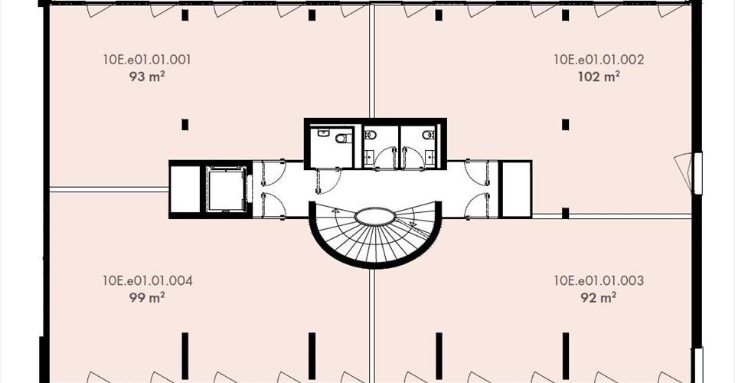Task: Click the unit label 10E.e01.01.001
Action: click(147, 60)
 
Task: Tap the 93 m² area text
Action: click(147, 77)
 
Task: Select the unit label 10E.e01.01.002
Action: click(599, 60)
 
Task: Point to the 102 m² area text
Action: click(599, 77)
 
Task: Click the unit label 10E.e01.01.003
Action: click(599, 281)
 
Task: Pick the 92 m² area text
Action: click(599, 297)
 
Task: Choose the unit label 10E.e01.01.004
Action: click(147, 281)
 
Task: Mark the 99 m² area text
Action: click(147, 297)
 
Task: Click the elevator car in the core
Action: click(226, 189)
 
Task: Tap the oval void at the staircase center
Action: click(375, 218)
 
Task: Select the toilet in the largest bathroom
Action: click(344, 139)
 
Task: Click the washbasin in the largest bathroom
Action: click(323, 133)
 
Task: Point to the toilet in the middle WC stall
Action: click(371, 136)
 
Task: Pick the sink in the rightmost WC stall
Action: click(430, 155)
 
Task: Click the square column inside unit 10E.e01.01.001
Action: click(185, 125)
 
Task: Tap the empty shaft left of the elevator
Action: click(185, 189)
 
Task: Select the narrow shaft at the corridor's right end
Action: click(516, 189)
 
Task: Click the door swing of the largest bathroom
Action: click(329, 181)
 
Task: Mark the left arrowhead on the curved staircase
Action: click(335, 211)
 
